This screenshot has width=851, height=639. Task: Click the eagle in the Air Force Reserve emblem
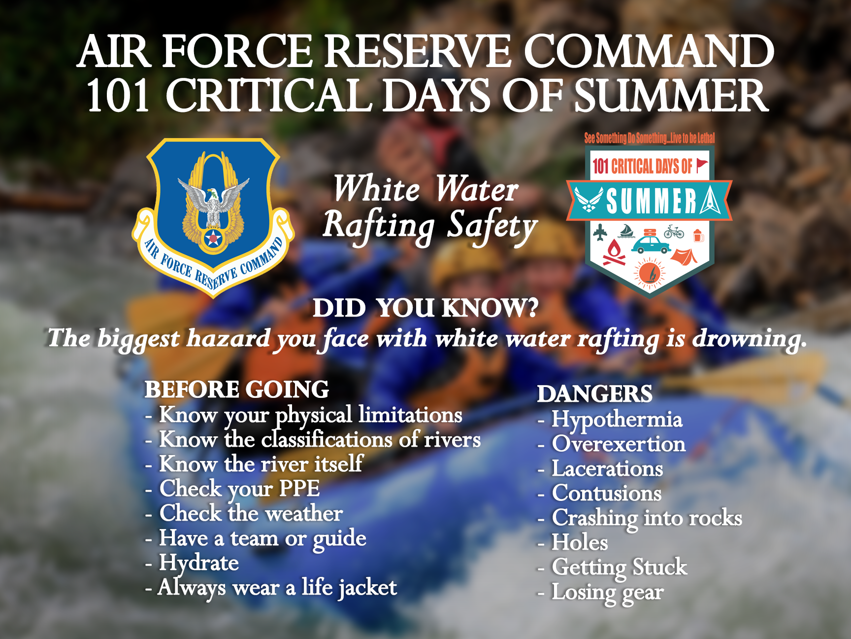pos(213,202)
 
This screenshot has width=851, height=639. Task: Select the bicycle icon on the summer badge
pos(674,231)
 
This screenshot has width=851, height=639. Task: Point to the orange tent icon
pos(684,256)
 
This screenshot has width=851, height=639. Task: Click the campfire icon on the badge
pos(614,252)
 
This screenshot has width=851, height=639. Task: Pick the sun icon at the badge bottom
pos(649,273)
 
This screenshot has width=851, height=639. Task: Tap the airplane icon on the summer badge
pos(600,232)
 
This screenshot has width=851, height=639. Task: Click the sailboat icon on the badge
pos(626,231)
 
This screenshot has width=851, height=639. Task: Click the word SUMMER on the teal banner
pos(651,202)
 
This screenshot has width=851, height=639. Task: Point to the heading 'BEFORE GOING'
pos(236,390)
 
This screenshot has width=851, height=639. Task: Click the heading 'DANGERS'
pos(594,394)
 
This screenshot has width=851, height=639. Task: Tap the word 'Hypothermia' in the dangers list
pos(617,420)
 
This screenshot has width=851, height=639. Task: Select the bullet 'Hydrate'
pos(198,563)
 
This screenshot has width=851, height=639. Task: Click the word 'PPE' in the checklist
pos(299,489)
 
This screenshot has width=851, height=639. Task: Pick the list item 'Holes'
pos(580,542)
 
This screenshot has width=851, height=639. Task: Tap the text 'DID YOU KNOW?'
pos(425,308)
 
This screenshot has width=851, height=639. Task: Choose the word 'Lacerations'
pos(607,469)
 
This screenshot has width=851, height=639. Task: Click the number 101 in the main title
pos(118,96)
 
